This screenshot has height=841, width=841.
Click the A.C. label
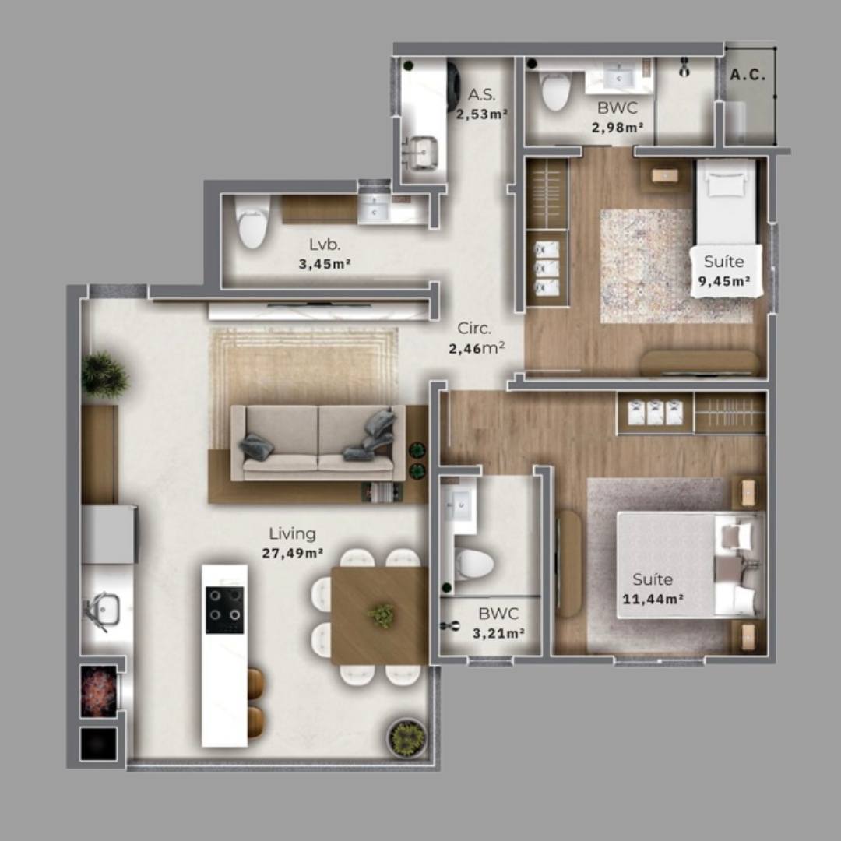pyautogui.click(x=748, y=76)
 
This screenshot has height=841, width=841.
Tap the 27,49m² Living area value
pyautogui.click(x=293, y=554)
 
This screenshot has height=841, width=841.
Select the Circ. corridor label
pyautogui.click(x=474, y=328)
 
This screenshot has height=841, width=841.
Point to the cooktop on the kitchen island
pyautogui.click(x=224, y=609)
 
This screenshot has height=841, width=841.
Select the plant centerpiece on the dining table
pyautogui.click(x=382, y=615)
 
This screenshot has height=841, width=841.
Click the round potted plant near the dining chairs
pyautogui.click(x=406, y=736)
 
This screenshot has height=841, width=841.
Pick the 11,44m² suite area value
pyautogui.click(x=653, y=599)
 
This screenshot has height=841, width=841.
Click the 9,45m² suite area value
pyautogui.click(x=724, y=281)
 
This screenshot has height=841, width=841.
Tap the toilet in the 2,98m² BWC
pyautogui.click(x=556, y=91)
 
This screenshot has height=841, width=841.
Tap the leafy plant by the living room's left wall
pyautogui.click(x=104, y=375)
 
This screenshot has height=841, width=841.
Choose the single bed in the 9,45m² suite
pyautogui.click(x=726, y=204)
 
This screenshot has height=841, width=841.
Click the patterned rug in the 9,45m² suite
pyautogui.click(x=646, y=265)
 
